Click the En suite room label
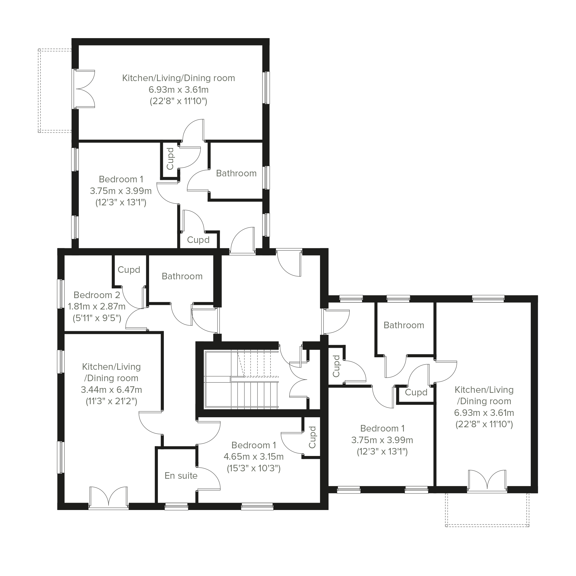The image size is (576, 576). (x=181, y=476)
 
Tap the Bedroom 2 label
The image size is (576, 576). (x=97, y=295)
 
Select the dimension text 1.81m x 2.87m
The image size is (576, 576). (x=97, y=306)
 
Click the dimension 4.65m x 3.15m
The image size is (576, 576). (x=254, y=457)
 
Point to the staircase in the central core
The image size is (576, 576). (x=241, y=379)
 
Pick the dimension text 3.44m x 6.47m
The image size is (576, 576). (x=112, y=390)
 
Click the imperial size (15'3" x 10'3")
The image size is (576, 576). (x=254, y=468)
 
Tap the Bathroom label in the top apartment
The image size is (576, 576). (x=236, y=173)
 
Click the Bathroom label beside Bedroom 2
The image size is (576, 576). (x=182, y=276)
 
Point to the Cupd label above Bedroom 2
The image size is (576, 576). (x=129, y=270)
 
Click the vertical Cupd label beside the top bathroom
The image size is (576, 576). (x=170, y=159)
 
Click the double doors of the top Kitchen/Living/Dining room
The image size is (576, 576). (x=84, y=89)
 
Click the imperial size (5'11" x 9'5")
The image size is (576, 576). (x=97, y=318)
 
